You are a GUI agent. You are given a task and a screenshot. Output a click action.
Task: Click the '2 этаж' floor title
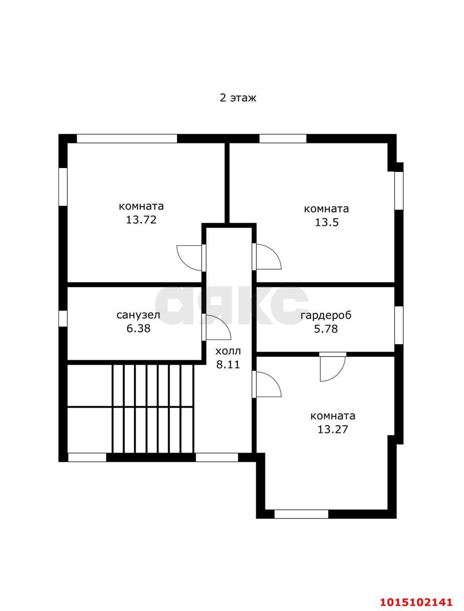pos(238,98)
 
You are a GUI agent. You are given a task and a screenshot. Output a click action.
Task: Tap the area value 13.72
pos(141,220)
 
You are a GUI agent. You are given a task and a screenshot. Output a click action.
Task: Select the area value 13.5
pos(327,222)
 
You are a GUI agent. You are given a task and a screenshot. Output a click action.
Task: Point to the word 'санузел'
pos(138,315)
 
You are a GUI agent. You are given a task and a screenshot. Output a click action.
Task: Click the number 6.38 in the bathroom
pos(138,328)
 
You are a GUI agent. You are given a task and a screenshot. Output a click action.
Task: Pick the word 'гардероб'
pos(326,316)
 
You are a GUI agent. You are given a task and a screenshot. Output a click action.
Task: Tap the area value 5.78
pos(326,329)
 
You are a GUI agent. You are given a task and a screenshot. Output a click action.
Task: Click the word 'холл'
pos(228,351)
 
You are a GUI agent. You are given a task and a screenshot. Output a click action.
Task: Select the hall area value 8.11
pos(228,364)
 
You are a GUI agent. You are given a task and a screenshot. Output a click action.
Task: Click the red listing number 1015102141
pos(416,600)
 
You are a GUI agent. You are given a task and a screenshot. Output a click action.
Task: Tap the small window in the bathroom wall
pos(63,318)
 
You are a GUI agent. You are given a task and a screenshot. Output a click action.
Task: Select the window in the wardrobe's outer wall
pos(399,325)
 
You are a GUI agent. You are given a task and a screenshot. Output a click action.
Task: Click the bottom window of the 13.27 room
pos(301,514)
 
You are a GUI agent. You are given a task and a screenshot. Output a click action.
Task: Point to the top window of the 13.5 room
pos(283,138)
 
